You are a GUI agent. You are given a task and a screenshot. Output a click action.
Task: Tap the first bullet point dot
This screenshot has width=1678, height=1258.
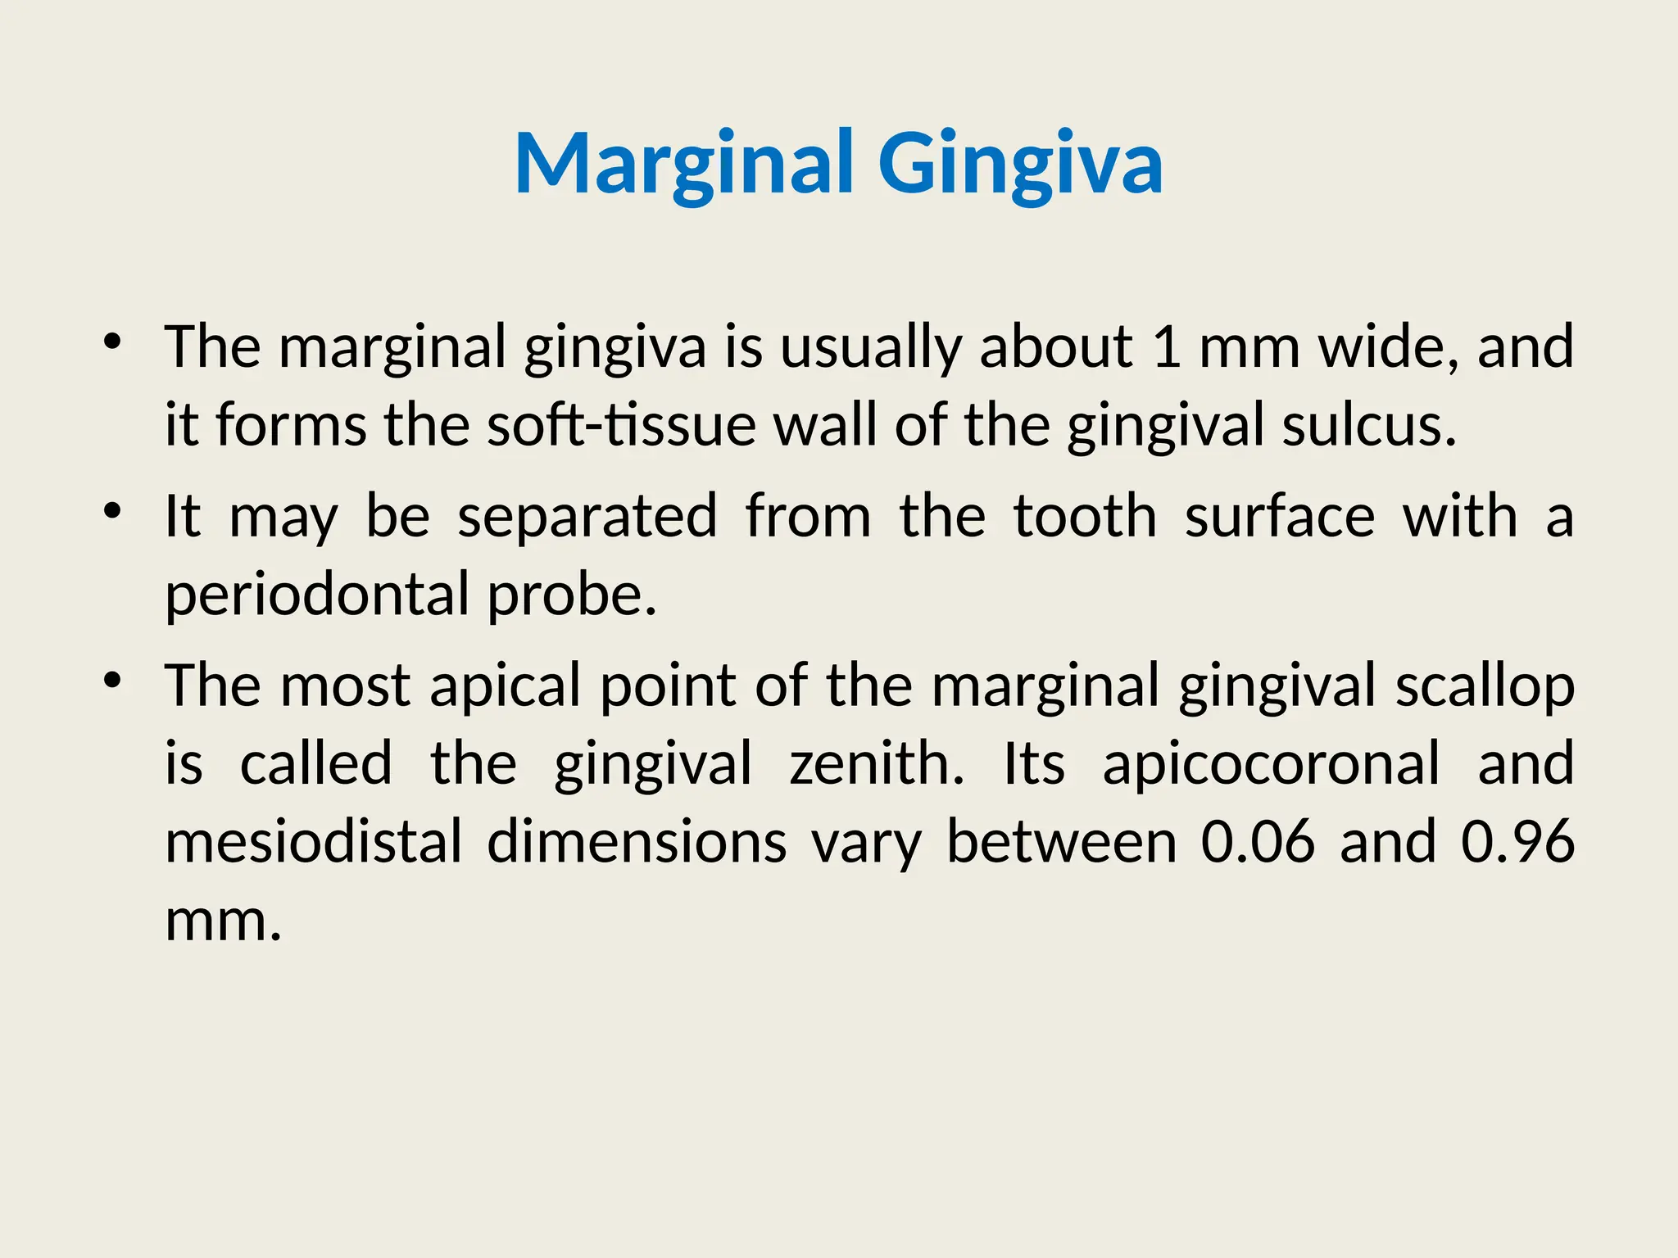click(113, 342)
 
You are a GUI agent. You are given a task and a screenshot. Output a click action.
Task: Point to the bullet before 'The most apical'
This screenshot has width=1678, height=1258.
click(113, 681)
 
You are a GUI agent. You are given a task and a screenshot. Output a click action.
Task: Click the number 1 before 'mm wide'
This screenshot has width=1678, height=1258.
click(1166, 346)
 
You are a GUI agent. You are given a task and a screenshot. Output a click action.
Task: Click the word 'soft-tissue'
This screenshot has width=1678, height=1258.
click(621, 426)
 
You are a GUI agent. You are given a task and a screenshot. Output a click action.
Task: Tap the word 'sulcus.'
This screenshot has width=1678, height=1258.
click(1369, 426)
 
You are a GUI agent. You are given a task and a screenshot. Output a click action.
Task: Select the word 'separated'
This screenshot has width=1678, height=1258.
click(587, 517)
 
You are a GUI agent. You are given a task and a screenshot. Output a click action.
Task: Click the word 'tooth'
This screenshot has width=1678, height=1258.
click(1085, 517)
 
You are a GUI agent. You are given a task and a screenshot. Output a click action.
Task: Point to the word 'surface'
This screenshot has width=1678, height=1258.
click(1280, 517)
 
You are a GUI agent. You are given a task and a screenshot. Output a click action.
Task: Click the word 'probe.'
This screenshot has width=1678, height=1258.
click(572, 595)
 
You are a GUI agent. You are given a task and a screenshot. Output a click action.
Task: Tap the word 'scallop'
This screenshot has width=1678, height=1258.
click(1485, 686)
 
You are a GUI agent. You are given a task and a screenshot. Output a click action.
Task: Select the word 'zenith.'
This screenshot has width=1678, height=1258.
click(877, 764)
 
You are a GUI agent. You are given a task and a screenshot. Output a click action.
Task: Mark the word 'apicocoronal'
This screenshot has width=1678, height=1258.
click(1271, 764)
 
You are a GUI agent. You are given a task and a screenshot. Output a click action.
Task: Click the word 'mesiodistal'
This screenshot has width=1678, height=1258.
click(314, 842)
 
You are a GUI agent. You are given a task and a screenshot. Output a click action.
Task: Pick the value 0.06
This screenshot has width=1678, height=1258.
click(1258, 842)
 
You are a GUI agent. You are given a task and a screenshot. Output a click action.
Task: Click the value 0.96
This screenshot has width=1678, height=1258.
click(1517, 842)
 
